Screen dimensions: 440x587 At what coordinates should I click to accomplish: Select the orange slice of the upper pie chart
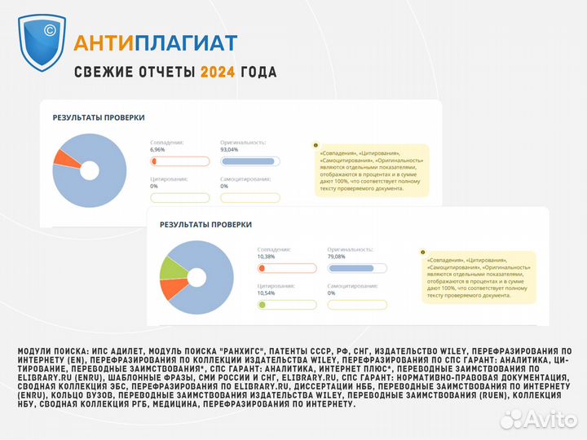[58, 157]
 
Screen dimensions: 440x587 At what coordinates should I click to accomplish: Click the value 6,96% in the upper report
[157, 150]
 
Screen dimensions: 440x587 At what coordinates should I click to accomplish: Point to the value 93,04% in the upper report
[229, 150]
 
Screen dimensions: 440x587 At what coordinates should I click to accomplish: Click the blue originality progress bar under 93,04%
[249, 161]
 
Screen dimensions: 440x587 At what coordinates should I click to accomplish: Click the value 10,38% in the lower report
[266, 256]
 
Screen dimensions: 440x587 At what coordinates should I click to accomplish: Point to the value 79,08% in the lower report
[338, 256]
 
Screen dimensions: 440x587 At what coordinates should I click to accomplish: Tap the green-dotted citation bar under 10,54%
[285, 305]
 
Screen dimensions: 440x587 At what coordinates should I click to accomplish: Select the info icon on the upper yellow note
[316, 146]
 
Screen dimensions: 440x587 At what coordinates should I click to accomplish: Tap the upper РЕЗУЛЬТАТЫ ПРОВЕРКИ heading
[99, 117]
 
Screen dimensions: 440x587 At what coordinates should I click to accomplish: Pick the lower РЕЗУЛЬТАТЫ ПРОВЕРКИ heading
[205, 224]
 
